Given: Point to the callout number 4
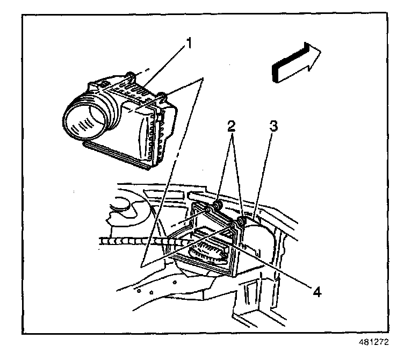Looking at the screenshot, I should point(317,293).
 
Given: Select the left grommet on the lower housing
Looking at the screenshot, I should point(218,206).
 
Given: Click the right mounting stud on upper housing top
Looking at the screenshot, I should point(161,96).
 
